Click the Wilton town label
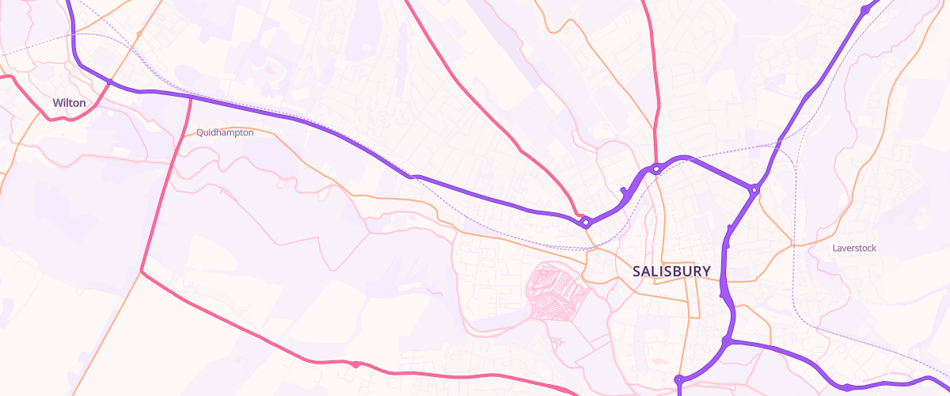tap(69, 103)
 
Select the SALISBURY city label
tap(671, 271)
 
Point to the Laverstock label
tap(854, 248)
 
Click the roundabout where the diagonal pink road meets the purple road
tap(585, 223)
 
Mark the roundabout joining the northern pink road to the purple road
tap(656, 169)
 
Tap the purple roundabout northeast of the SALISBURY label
tap(755, 190)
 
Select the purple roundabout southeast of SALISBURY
tap(725, 342)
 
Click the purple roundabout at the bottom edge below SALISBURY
tap(679, 379)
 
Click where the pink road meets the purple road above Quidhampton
tap(191, 97)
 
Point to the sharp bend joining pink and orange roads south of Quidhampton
tap(142, 272)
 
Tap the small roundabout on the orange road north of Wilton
tap(139, 34)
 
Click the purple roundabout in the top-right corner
tap(864, 11)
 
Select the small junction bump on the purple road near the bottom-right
tap(847, 387)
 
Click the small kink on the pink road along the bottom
tap(356, 364)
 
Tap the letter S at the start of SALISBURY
tap(637, 271)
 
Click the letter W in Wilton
tap(57, 103)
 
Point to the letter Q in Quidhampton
tap(200, 133)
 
